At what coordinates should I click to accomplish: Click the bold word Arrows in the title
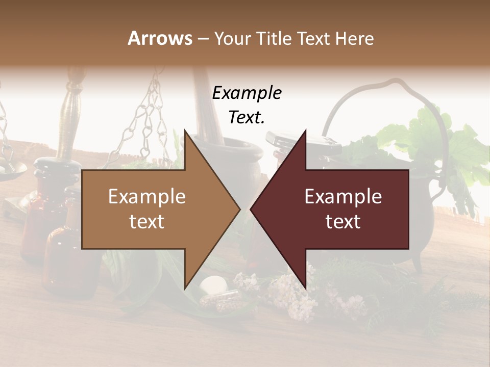tap(160, 38)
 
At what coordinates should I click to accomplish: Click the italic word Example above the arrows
tap(247, 93)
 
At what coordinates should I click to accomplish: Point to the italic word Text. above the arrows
tap(247, 118)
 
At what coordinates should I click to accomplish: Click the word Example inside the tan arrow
tap(147, 197)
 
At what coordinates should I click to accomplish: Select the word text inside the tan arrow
tap(147, 222)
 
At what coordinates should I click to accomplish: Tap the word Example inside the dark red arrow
tap(343, 197)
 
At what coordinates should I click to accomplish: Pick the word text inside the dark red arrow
tap(343, 222)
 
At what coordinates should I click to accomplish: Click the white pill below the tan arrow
tap(214, 283)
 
